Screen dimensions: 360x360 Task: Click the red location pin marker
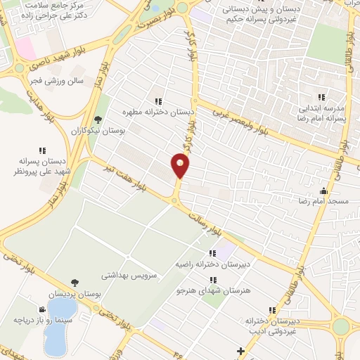181,166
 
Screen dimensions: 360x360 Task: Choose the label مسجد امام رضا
326,201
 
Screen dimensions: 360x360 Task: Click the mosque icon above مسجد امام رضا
323,191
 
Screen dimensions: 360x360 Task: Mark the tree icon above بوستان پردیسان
75,283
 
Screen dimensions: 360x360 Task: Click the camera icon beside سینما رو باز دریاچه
43,309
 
